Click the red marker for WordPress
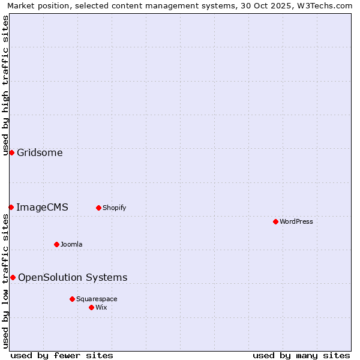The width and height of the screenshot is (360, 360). point(275,221)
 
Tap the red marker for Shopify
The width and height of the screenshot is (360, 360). point(98,208)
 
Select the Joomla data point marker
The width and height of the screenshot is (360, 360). point(56,244)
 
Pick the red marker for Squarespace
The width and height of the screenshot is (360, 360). point(72,299)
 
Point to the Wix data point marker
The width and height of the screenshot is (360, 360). point(91,307)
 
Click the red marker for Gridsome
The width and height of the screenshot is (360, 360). point(11,152)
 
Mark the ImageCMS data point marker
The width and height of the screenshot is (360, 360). point(11,207)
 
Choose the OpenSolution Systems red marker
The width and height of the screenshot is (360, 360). point(13,277)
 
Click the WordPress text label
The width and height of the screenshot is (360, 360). point(296,221)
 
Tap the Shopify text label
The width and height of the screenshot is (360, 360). point(114,208)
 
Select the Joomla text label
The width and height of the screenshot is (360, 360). point(71,244)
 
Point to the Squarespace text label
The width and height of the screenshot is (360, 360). point(97,299)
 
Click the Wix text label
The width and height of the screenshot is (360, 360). point(101,307)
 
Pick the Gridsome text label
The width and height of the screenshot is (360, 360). point(40,152)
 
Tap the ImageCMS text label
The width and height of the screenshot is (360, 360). point(42,207)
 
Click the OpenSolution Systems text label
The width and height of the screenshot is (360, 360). point(73,277)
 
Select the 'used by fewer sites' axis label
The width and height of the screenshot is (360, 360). point(62,355)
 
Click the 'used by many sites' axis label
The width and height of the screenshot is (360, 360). point(301,355)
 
